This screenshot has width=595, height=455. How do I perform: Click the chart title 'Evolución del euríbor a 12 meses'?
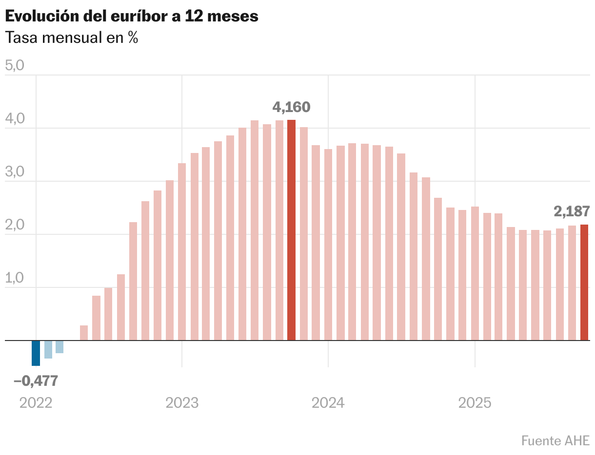coord(131,16)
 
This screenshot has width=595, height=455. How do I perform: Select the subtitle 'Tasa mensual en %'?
coord(71,38)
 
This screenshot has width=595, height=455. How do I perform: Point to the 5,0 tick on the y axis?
coord(14,66)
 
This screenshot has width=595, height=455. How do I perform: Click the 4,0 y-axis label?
coord(14,119)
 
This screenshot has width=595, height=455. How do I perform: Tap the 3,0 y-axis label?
coord(14,172)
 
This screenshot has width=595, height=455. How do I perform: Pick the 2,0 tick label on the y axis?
coord(14,225)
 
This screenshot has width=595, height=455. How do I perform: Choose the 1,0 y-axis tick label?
coord(14,278)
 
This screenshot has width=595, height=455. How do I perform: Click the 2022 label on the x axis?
coord(36,403)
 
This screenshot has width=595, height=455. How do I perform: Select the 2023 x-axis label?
coord(182,403)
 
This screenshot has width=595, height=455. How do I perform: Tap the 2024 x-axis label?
coord(328,403)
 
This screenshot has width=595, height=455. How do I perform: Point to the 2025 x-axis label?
coord(475,403)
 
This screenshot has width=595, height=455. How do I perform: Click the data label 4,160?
coord(291,107)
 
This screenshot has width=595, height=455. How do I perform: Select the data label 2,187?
coord(572,211)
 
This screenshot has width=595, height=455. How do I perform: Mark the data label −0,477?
coord(36,381)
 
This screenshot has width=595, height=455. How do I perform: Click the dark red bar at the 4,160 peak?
coord(291,230)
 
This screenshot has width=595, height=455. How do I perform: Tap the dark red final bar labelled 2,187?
coord(584,283)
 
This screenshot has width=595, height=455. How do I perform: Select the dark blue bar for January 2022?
coord(36,353)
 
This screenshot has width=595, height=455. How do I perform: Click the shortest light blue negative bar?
coord(59,346)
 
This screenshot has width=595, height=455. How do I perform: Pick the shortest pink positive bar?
coord(84,333)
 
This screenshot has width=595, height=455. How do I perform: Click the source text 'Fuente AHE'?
coord(555,440)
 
